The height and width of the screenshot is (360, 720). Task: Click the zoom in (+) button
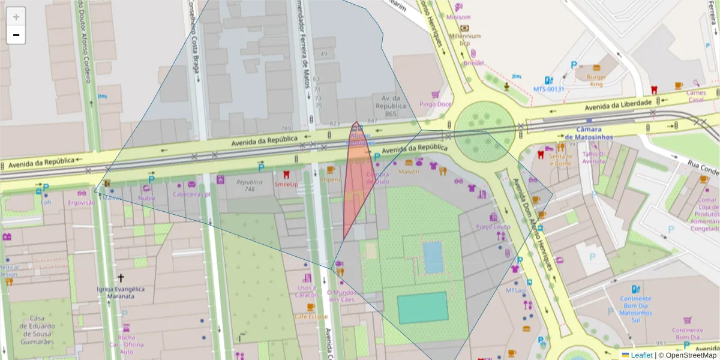coord(16,17)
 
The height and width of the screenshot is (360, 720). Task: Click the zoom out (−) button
coord(16,35)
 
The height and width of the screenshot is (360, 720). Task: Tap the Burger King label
coord(596,80)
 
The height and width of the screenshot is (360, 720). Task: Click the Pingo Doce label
coord(436,104)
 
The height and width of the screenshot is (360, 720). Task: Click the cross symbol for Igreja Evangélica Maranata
coord(121,278)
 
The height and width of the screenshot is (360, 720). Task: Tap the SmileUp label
coord(286,184)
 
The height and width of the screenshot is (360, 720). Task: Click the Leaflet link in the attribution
coord(641,355)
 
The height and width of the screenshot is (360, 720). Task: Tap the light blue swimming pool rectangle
coord(433,257)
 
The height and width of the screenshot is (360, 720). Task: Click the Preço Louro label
coord(493,227)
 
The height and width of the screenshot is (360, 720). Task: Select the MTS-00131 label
coord(549,89)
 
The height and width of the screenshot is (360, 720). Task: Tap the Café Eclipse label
coord(310,316)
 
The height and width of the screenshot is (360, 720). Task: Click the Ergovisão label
coord(82,202)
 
